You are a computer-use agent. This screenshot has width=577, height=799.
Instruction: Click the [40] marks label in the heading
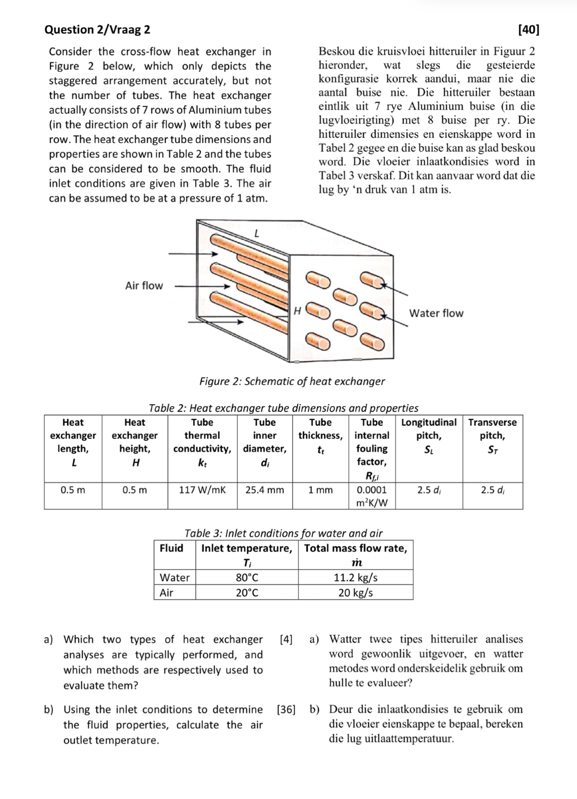coord(528,30)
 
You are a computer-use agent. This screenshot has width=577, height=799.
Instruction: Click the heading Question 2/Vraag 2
coord(98,30)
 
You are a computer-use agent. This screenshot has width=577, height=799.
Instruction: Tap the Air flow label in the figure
coord(144,286)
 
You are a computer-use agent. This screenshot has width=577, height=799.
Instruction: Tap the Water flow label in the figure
coord(436,313)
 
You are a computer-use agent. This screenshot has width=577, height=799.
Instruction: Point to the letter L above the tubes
coord(256,233)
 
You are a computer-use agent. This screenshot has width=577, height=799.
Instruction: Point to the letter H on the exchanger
coord(297,310)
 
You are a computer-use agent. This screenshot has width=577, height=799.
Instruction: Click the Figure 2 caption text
coord(292,381)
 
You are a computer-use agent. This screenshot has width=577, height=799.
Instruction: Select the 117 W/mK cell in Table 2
coord(202,490)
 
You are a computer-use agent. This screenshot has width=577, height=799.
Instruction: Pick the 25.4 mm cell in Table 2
coord(264,490)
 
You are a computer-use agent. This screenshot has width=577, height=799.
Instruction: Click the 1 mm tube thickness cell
coord(320,490)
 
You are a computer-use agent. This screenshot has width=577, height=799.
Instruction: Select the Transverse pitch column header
coord(492,435)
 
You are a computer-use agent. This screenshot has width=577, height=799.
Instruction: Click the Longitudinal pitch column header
coord(429,435)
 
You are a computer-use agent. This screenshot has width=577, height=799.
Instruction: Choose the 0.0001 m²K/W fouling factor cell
coord(372,496)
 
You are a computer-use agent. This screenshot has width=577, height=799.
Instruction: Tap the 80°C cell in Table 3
coord(247,577)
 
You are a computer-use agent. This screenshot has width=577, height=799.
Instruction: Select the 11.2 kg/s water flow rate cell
coord(355,577)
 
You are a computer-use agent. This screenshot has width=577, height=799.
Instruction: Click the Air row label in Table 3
coord(167,593)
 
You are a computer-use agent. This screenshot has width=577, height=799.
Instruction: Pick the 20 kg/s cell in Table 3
coord(355,593)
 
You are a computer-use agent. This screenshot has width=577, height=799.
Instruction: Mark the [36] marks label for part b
coord(286,709)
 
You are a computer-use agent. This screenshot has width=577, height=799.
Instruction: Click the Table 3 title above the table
coord(284,533)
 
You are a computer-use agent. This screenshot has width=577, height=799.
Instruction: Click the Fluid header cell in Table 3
coord(172,548)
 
